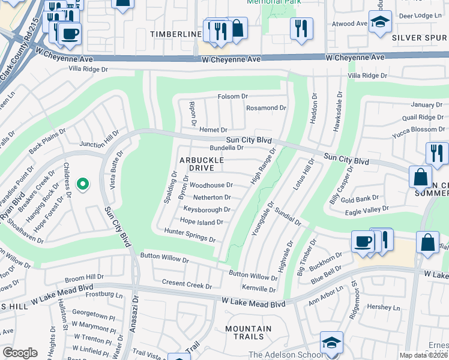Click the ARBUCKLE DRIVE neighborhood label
[202, 164]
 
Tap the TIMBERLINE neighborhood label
[175, 34]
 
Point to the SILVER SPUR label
[420, 37]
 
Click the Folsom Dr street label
[232, 97]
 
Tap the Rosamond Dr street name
[267, 108]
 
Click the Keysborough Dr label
[206, 210]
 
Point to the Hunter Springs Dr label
[190, 235]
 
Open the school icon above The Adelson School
[331, 343]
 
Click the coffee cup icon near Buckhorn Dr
[363, 241]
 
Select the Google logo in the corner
[20, 352]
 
